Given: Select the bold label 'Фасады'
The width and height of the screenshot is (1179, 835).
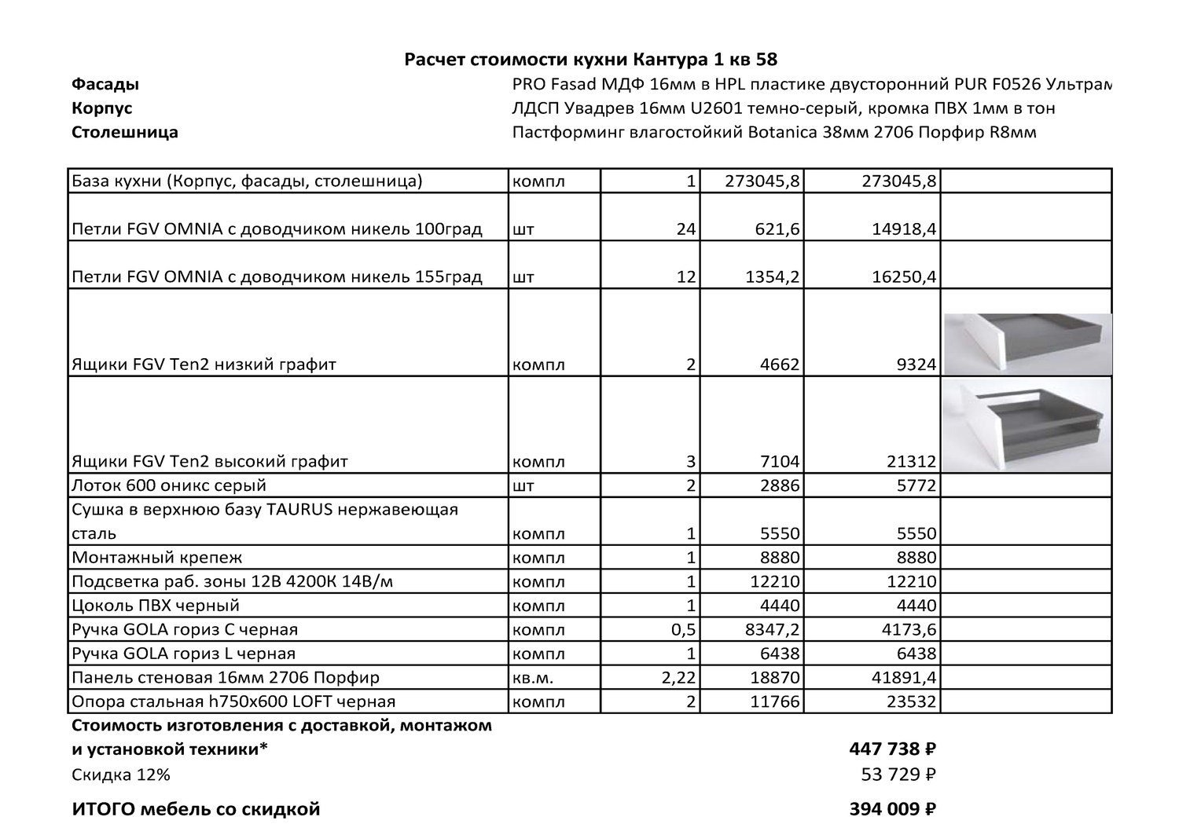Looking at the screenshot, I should pyautogui.click(x=105, y=84).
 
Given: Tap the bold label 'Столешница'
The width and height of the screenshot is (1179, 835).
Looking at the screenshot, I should pyautogui.click(x=125, y=132).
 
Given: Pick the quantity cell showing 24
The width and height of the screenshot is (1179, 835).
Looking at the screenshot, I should pyautogui.click(x=685, y=229).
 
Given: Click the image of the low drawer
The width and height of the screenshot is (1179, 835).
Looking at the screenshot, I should pyautogui.click(x=1027, y=343).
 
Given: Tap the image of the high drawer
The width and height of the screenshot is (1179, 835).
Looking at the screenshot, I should pyautogui.click(x=1027, y=425).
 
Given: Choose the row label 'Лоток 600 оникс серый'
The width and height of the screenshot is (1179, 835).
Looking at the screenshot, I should pyautogui.click(x=169, y=485).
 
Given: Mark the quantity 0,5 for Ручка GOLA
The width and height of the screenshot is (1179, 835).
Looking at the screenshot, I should pyautogui.click(x=682, y=630).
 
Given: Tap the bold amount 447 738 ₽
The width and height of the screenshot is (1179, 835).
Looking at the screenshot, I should pyautogui.click(x=892, y=749).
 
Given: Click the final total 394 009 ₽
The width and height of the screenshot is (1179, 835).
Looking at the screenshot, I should pyautogui.click(x=892, y=809).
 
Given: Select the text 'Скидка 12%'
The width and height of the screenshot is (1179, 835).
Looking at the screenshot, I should pyautogui.click(x=120, y=775).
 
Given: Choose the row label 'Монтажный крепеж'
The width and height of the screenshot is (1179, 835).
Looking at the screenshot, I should pyautogui.click(x=157, y=558).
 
